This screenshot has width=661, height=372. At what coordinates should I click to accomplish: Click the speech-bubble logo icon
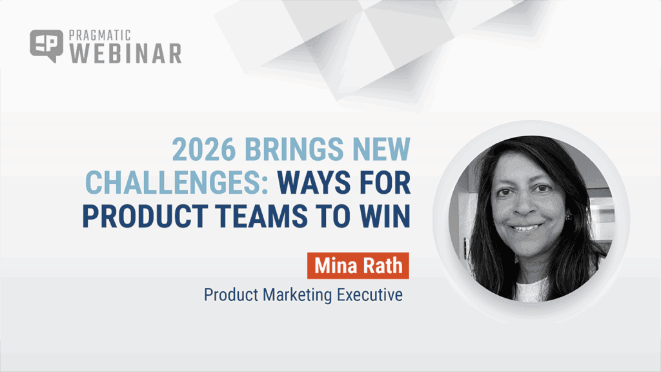(46, 46)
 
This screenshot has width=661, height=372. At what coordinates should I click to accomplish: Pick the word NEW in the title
(382, 150)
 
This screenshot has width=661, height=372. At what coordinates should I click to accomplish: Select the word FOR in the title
(385, 183)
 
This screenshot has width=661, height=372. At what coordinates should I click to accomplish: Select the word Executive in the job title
(371, 295)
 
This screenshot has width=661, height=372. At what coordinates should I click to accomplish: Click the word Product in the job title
(230, 295)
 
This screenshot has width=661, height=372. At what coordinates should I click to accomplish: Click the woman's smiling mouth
(527, 227)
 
